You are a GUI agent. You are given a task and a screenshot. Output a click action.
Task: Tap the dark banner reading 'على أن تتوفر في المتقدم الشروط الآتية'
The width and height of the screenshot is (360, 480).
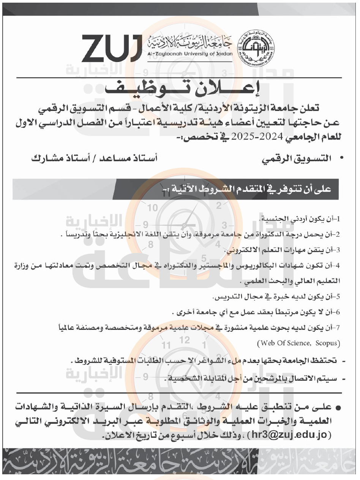point(246,189)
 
